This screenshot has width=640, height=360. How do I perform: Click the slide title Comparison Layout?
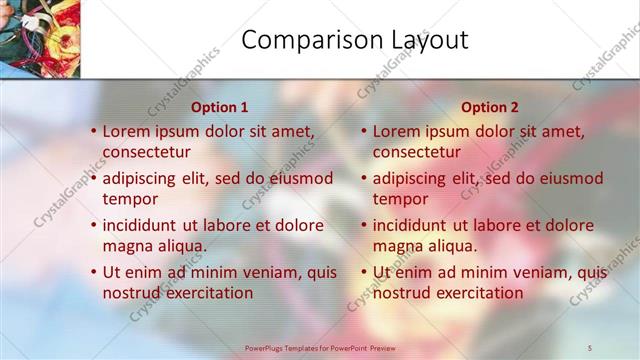tap(355, 40)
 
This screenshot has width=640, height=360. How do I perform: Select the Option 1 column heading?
tap(219, 107)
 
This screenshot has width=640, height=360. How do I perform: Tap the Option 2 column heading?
tap(490, 107)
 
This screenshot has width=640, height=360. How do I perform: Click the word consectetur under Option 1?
tap(147, 152)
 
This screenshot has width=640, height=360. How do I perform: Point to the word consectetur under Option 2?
tap(417, 152)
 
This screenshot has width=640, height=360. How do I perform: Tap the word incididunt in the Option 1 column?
tap(141, 225)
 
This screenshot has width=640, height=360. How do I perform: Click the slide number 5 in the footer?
tap(590, 347)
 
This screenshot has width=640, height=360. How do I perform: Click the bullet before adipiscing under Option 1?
tap(93, 178)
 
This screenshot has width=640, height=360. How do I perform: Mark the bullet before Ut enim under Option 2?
tap(363, 272)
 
